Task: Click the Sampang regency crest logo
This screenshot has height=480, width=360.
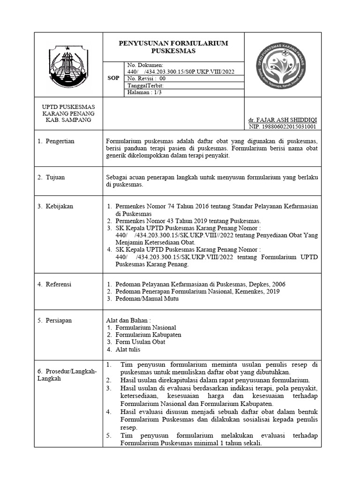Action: tap(68, 65)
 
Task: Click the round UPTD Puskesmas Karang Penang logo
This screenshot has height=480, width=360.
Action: tap(283, 65)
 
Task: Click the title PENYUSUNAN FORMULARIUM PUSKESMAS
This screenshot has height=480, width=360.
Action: tap(173, 47)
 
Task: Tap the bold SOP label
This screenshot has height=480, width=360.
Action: tap(113, 78)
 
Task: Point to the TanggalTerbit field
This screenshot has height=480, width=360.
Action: tap(146, 86)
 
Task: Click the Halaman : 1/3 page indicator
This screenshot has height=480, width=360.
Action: tap(143, 93)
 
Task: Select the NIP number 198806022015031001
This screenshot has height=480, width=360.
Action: tap(282, 127)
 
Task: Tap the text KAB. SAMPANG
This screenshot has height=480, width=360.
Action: tap(68, 120)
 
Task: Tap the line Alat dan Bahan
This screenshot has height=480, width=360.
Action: tap(128, 320)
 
